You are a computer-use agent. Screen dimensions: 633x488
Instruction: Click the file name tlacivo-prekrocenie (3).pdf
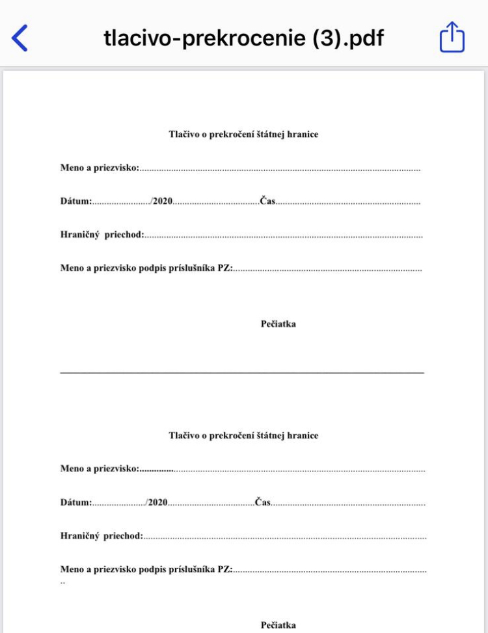pos(243,38)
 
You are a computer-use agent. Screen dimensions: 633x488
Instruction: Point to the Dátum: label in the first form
pos(76,201)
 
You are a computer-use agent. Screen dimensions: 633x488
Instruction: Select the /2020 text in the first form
pos(161,201)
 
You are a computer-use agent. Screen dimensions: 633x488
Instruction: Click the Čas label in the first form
pos(267,201)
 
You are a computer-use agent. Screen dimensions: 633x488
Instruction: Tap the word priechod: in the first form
pos(124,234)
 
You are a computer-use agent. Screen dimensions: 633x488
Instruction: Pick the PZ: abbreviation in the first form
pos(225,268)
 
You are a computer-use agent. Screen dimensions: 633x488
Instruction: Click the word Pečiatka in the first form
pos(278,324)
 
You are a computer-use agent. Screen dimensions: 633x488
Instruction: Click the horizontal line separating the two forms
pos(242,373)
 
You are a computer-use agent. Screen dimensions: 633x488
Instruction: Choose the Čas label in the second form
pos(263,502)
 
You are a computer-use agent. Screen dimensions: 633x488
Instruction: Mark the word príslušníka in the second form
pos(189,569)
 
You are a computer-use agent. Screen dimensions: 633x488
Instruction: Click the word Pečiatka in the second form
pos(278,625)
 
